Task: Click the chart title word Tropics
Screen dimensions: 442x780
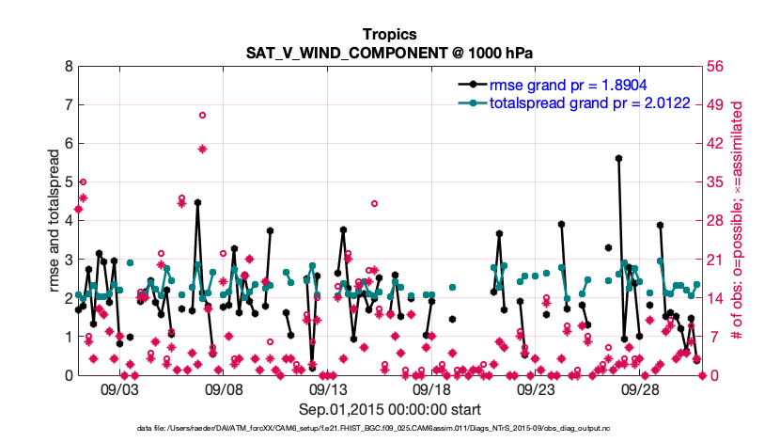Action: pyautogui.click(x=389, y=35)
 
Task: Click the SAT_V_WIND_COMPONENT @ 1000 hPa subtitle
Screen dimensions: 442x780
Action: pyautogui.click(x=389, y=53)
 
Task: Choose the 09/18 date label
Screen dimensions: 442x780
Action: pyautogui.click(x=431, y=388)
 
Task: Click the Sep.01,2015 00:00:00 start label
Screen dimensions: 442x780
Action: pyautogui.click(x=389, y=409)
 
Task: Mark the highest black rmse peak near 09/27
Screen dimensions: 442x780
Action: pyautogui.click(x=618, y=159)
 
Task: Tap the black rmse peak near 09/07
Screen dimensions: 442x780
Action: pyautogui.click(x=197, y=202)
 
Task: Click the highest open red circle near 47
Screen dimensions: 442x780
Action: pyautogui.click(x=202, y=115)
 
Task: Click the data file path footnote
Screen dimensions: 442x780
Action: pyautogui.click(x=389, y=429)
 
